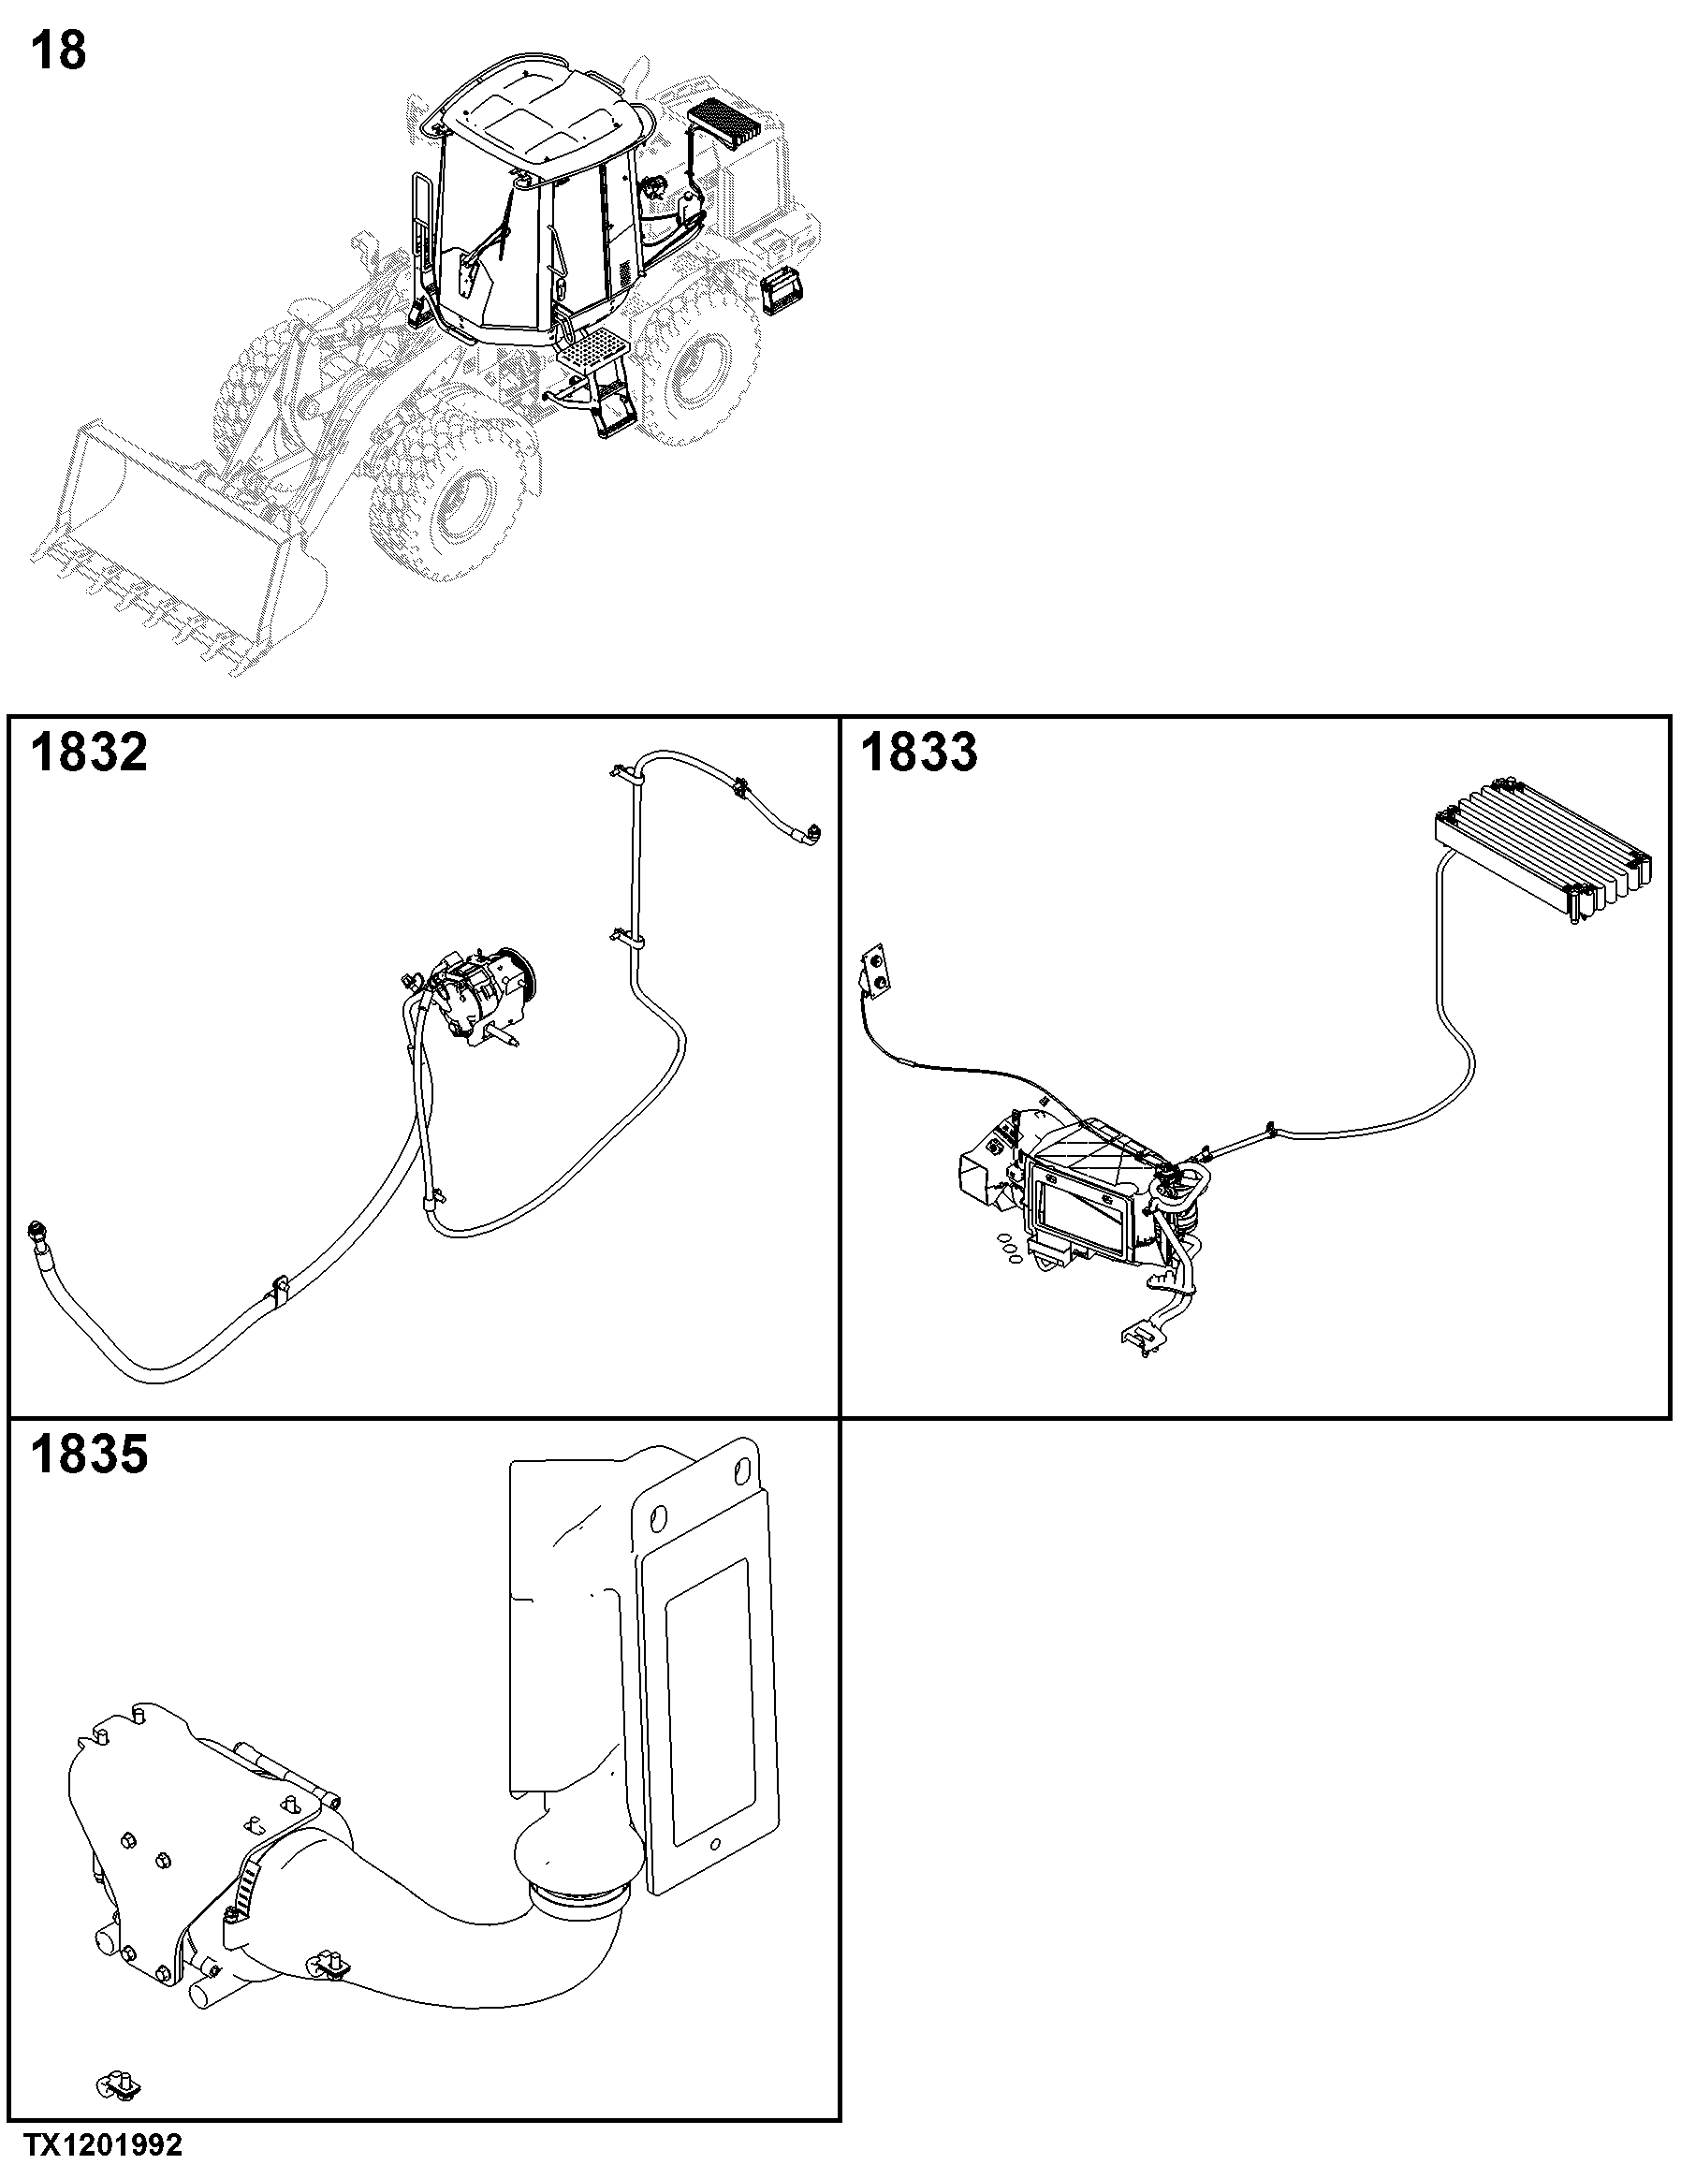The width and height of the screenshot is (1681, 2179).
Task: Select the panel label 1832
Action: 89,752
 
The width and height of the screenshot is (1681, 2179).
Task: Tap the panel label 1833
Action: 919,752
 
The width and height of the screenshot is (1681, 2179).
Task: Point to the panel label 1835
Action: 89,1454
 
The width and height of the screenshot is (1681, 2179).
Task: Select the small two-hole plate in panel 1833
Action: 876,970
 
